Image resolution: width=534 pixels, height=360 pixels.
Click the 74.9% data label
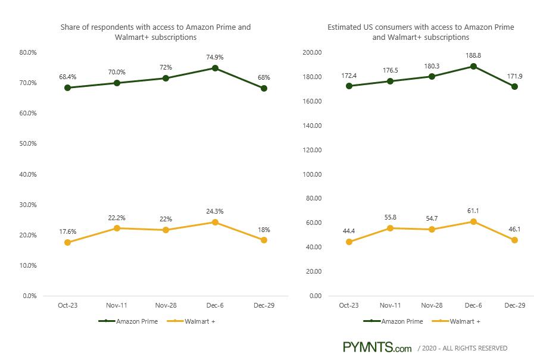[x=215, y=57]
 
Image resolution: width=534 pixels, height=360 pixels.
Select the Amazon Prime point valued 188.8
[x=473, y=67]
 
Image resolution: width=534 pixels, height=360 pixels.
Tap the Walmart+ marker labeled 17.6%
[x=68, y=242]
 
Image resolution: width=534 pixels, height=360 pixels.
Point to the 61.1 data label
[x=473, y=211]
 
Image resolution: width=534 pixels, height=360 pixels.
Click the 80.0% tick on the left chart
[x=28, y=52]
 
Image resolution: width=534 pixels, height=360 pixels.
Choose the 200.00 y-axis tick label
[x=312, y=52]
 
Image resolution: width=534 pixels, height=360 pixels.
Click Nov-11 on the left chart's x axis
[x=117, y=305]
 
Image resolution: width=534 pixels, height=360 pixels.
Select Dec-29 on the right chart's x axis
[x=514, y=305]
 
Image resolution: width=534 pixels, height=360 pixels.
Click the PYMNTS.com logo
[x=377, y=348]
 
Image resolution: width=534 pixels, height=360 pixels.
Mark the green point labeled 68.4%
[x=68, y=87]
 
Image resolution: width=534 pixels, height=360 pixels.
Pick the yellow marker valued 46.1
[x=514, y=240]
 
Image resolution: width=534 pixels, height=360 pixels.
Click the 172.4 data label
[x=349, y=76]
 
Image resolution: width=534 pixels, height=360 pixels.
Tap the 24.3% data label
[x=215, y=211]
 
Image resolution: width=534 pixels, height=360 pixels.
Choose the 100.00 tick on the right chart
[x=312, y=174]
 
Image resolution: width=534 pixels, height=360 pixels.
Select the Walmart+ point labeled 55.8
[x=391, y=228]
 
